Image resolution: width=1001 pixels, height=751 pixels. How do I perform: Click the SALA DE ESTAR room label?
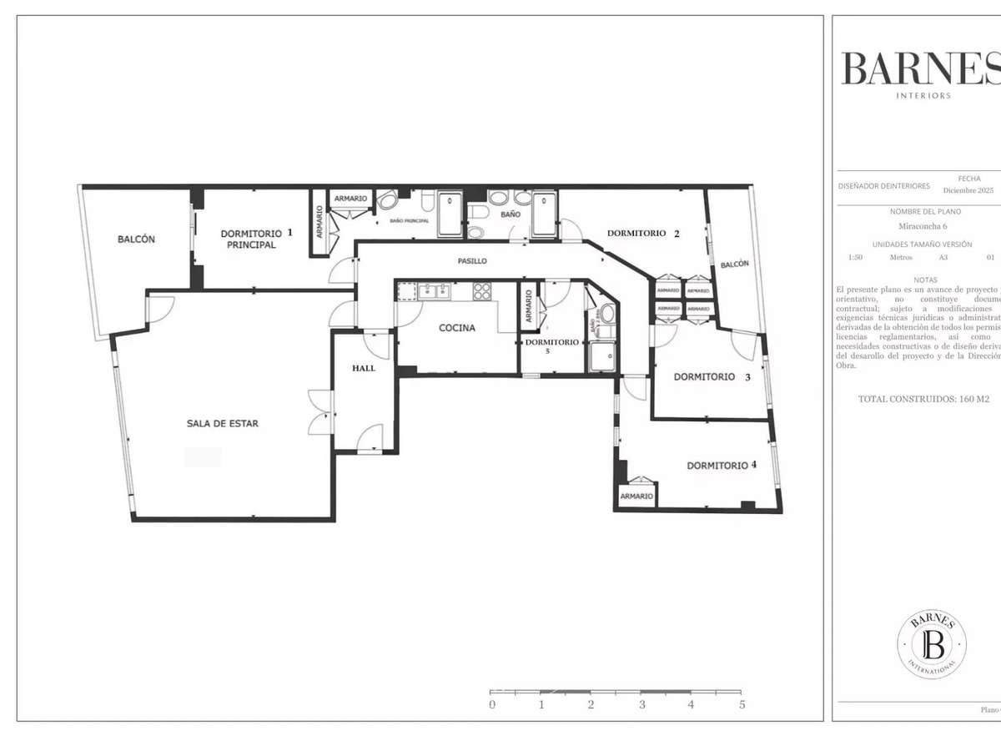[x=222, y=424]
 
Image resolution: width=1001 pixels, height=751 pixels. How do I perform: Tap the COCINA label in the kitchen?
[x=457, y=328]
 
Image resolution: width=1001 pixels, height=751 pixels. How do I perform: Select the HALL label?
[x=364, y=368]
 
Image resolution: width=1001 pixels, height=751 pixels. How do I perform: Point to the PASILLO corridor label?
[x=472, y=261]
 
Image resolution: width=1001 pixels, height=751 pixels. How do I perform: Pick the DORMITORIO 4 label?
[x=722, y=466]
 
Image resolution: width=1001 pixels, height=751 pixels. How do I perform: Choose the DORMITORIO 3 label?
[x=712, y=377]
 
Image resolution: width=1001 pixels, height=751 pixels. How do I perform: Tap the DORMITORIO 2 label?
[x=643, y=234]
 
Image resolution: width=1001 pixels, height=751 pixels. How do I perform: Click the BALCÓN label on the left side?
[x=136, y=239]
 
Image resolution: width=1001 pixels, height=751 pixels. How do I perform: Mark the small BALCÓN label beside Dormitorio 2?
[x=734, y=264]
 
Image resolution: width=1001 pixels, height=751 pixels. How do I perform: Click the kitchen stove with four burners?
[x=483, y=291]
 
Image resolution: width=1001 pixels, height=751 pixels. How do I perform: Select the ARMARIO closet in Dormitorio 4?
[x=636, y=496]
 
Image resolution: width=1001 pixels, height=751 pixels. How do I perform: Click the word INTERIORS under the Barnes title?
[x=923, y=96]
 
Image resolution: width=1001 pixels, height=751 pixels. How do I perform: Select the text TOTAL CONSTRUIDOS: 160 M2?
[x=923, y=399]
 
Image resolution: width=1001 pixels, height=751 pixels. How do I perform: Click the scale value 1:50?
[x=855, y=258]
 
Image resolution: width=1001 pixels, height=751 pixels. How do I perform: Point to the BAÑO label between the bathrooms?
[x=510, y=214]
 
